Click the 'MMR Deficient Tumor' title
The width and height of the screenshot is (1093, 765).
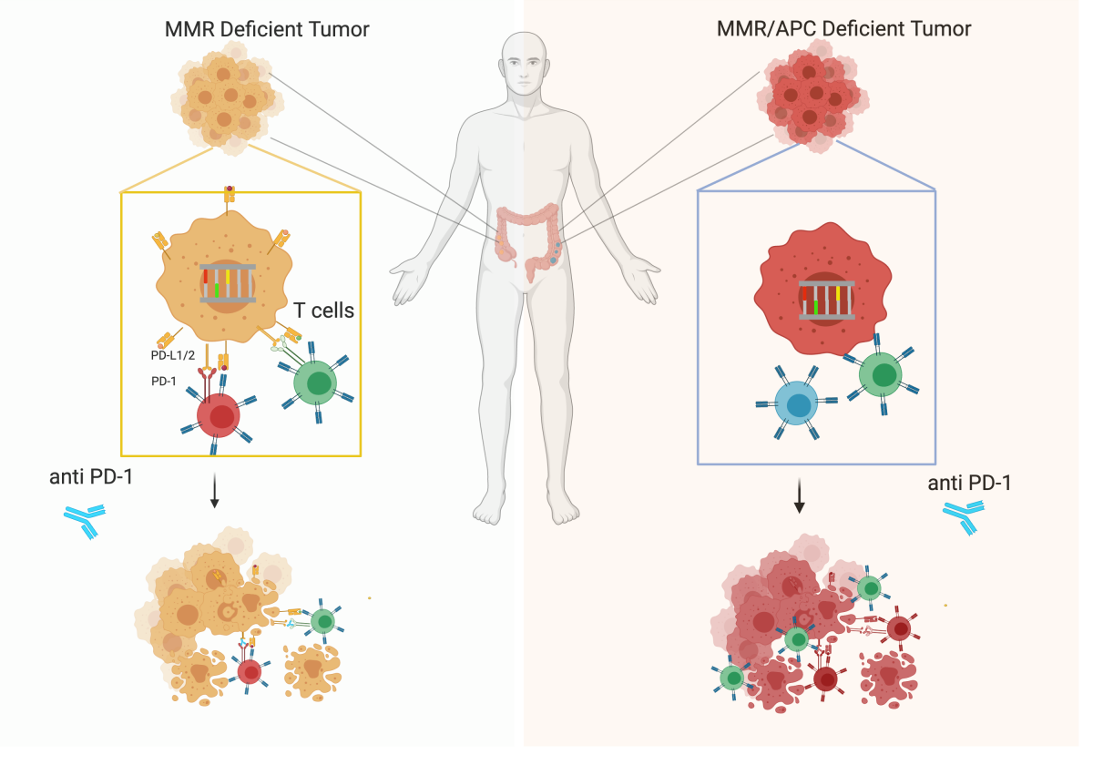(267, 29)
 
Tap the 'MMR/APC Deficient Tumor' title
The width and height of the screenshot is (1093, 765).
(843, 29)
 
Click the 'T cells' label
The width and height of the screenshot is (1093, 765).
(323, 311)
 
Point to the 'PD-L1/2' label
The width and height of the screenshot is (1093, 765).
(173, 355)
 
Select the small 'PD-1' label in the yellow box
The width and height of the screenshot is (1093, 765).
(163, 381)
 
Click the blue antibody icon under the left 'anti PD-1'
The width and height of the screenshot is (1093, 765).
(86, 521)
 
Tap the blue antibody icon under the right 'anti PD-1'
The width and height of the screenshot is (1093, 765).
(964, 518)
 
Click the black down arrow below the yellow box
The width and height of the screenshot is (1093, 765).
(214, 490)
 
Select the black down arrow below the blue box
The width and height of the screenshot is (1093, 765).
(799, 495)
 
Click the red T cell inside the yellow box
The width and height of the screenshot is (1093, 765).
(218, 414)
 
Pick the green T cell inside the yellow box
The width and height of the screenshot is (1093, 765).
(315, 382)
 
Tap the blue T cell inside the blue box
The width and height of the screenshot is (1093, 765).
(796, 403)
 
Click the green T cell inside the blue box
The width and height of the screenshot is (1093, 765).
(880, 374)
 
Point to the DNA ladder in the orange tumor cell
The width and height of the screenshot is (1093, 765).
(228, 283)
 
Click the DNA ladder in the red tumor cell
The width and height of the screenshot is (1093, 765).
(827, 300)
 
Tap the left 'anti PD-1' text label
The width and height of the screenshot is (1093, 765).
(91, 476)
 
